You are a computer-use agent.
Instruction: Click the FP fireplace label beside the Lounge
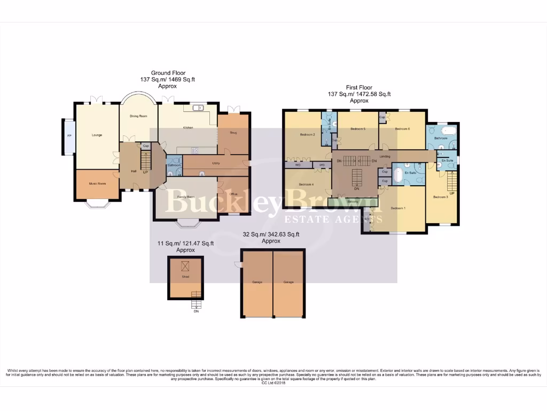[69, 135]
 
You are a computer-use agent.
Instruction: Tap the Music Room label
[97, 184]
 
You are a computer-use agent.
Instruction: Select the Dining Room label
[139, 116]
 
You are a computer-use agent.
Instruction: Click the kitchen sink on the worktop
[200, 108]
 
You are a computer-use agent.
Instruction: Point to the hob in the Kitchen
[196, 150]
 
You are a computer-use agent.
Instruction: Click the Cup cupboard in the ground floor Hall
[145, 146]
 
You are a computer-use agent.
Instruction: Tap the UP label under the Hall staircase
[145, 172]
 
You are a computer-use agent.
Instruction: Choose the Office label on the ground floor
[233, 194]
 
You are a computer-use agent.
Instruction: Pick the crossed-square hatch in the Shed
[185, 266]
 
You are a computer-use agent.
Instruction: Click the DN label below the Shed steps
[196, 311]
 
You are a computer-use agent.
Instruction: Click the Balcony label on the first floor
[353, 202]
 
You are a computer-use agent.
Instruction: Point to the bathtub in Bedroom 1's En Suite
[398, 174]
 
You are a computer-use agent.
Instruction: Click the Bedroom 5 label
[358, 129]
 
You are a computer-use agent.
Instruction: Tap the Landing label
[385, 156]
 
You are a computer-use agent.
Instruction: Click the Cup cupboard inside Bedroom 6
[382, 117]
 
